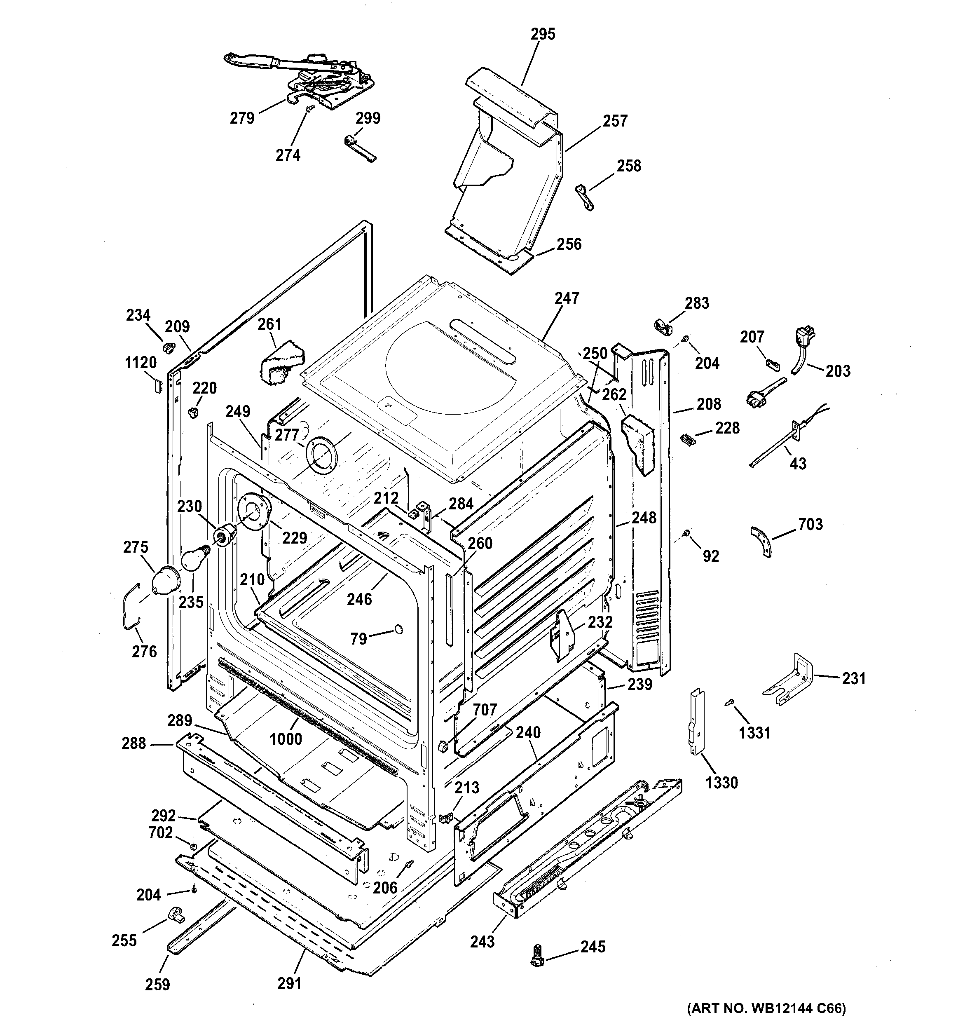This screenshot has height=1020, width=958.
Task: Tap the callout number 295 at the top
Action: pyautogui.click(x=543, y=34)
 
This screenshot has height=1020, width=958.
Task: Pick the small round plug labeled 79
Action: pyautogui.click(x=398, y=629)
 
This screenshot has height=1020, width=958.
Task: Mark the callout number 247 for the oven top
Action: pyautogui.click(x=566, y=298)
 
